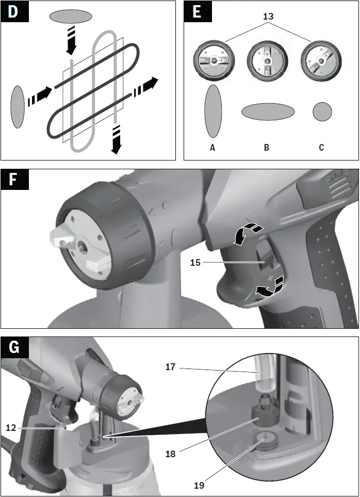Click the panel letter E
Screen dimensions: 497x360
[x=197, y=12]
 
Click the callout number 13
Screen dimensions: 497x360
[x=268, y=17]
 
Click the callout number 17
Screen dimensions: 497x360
[x=170, y=367]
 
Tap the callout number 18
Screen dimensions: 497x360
[x=171, y=454]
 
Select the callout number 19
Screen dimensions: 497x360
[x=199, y=485]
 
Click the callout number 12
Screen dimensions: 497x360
[x=11, y=427]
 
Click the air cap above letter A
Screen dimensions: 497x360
[x=212, y=61]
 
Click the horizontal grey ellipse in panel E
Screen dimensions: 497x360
[x=268, y=111]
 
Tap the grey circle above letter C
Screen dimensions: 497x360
[x=322, y=111]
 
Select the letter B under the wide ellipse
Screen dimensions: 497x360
[x=267, y=148]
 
